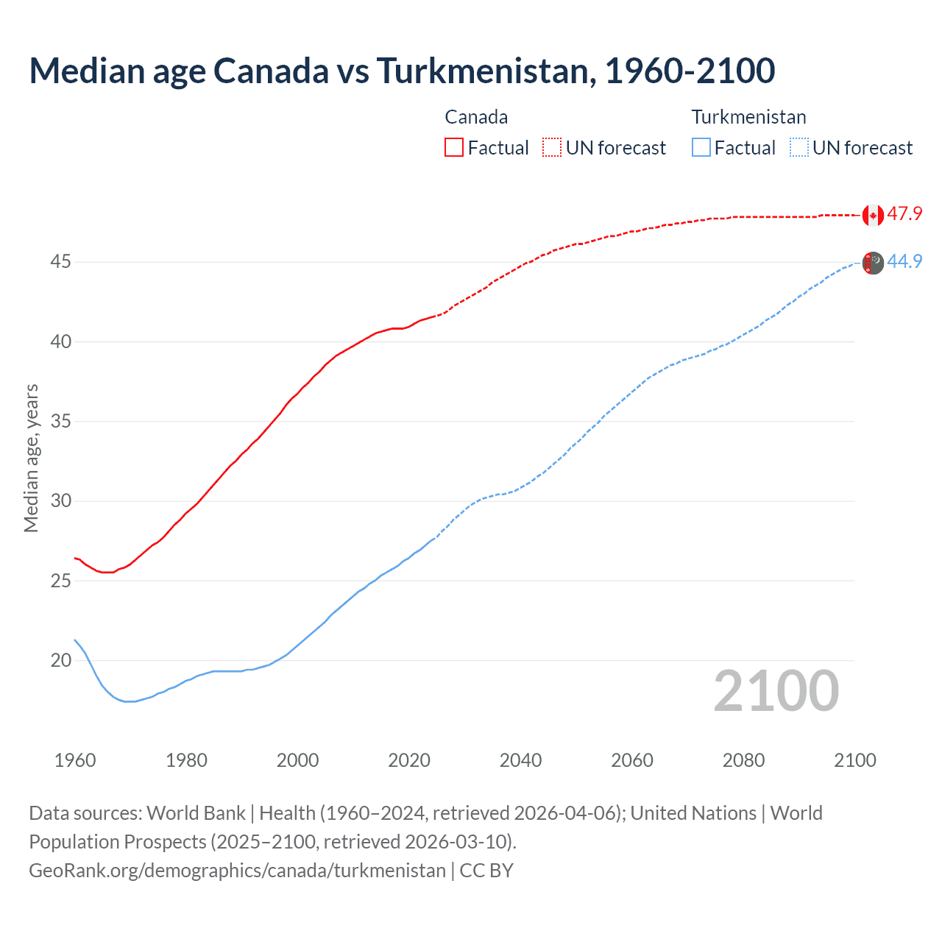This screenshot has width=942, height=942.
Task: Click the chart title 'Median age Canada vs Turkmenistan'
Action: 401,71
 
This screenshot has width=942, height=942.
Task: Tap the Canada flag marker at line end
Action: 873,215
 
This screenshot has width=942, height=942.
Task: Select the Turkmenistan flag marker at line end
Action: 873,263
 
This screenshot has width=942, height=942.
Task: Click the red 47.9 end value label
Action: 904,214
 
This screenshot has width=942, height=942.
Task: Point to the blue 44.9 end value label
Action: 904,262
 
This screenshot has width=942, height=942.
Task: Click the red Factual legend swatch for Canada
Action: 454,147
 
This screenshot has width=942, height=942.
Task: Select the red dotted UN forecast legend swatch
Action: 552,147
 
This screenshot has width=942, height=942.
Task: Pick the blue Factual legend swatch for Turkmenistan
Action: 701,147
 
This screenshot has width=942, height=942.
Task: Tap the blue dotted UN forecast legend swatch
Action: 798,147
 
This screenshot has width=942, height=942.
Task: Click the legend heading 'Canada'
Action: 476,117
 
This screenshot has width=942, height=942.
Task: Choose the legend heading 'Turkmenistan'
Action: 748,117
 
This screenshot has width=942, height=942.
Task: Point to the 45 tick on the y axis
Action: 61,262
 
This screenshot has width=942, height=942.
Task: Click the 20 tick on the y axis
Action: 61,660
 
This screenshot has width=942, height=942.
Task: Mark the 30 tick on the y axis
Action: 61,501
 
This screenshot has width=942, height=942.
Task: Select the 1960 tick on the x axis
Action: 75,760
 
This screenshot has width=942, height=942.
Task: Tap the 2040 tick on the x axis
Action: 520,760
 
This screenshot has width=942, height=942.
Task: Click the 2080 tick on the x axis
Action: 743,760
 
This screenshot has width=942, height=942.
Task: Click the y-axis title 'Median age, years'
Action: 31,458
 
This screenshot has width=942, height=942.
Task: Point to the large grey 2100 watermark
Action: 776,690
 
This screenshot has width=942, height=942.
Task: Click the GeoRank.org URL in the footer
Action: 237,871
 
